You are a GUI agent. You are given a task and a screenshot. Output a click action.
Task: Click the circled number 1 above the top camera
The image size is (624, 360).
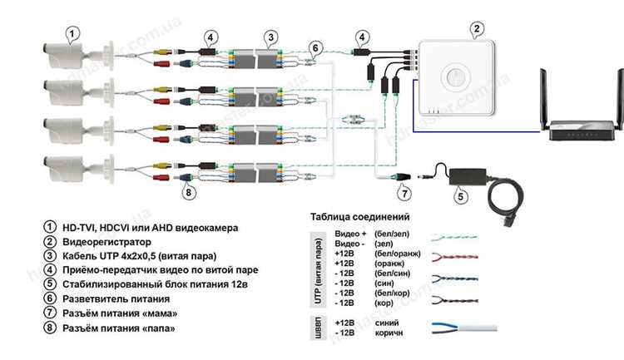point(72,34)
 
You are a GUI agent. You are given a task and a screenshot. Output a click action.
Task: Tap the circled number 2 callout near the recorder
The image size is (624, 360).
point(476,29)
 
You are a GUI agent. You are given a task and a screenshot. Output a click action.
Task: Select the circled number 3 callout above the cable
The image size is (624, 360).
point(271,37)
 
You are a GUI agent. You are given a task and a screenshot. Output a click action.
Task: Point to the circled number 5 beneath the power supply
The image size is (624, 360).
point(460,197)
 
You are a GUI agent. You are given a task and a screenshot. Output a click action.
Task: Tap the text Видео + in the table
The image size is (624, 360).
point(349,234)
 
